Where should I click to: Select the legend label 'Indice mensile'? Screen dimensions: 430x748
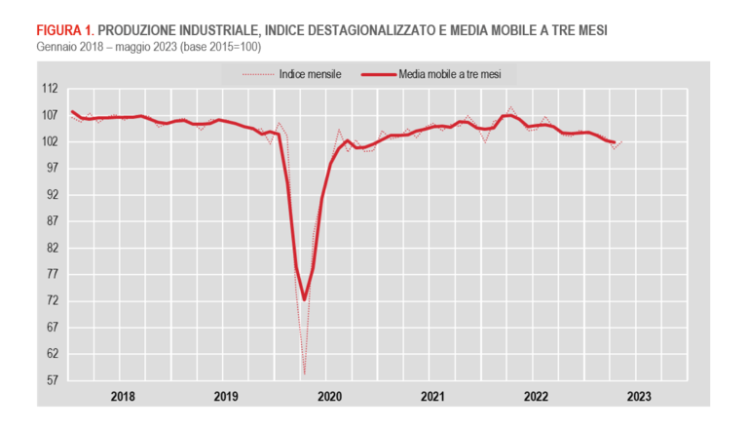point(309,74)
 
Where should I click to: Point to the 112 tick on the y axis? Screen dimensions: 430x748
point(49,89)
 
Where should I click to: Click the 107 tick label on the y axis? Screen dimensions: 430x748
point(49,115)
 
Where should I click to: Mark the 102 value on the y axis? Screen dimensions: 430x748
point(49,141)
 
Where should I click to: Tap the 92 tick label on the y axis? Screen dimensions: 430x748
point(51,195)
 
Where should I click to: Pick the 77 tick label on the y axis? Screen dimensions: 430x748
point(51,275)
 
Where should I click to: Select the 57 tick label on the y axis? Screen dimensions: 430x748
point(51,381)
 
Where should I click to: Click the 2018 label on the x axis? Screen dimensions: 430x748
point(123,397)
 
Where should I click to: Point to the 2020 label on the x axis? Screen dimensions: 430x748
point(330,397)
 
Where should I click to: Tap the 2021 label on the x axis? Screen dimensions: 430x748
point(433,397)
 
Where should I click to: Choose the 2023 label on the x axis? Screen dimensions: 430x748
point(639,397)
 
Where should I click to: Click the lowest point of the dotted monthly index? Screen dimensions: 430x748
point(304,373)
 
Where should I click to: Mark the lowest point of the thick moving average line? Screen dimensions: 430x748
point(304,299)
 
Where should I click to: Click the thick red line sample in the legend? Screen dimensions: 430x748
point(378,74)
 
